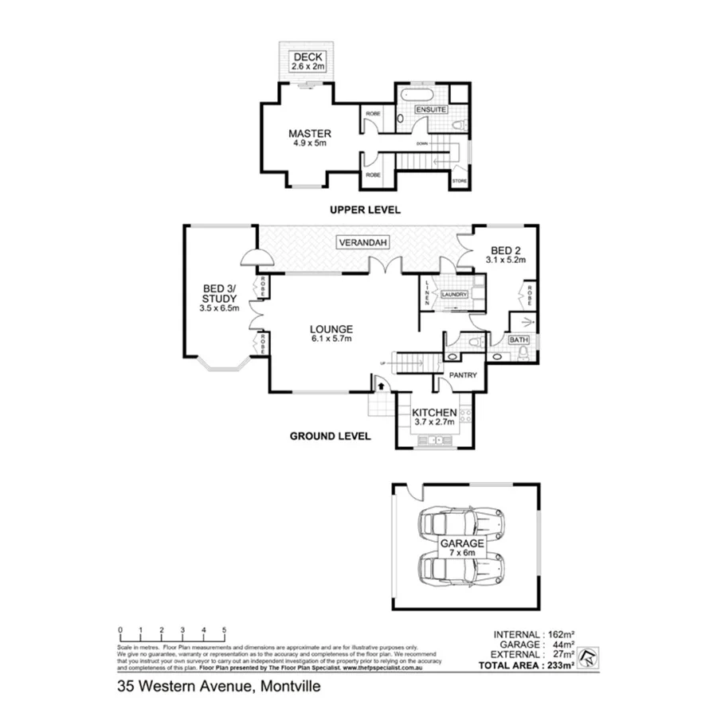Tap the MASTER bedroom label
tap(310, 133)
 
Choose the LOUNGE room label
tap(331, 328)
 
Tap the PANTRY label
tap(462, 374)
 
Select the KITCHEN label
tap(434, 412)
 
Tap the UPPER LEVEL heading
tap(366, 210)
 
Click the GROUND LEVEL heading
tap(330, 436)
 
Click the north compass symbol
tap(589, 655)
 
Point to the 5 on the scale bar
tap(225, 630)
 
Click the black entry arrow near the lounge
tap(380, 386)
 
